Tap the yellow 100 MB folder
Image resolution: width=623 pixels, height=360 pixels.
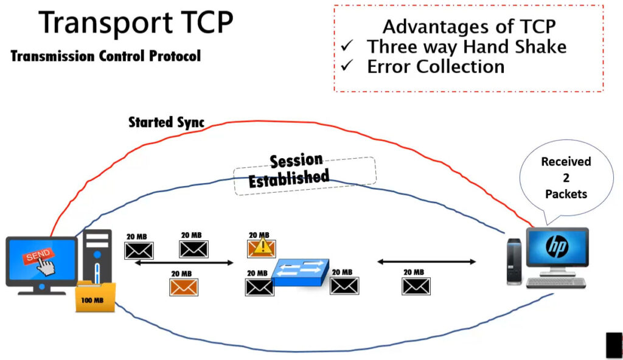[x=96, y=297]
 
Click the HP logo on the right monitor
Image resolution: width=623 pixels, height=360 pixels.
[x=557, y=246]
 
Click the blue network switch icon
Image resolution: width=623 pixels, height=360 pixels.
[x=302, y=272]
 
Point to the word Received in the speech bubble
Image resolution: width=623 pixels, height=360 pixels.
[x=566, y=162]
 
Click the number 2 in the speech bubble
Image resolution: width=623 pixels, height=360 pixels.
[x=566, y=178]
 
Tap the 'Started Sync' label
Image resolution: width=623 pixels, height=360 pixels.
[x=166, y=122]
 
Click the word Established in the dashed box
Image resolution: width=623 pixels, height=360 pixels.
[x=289, y=178]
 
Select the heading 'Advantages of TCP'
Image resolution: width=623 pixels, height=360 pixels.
[x=469, y=27]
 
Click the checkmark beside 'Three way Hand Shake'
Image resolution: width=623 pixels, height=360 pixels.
[x=347, y=45]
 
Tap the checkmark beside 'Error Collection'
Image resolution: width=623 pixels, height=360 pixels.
[x=347, y=65]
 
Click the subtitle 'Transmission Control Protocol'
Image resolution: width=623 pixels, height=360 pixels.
[x=106, y=56]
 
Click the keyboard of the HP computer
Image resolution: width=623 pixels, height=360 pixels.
[x=556, y=283]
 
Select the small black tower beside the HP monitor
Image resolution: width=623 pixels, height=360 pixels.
[x=514, y=261]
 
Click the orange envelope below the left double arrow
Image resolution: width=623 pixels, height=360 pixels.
[x=184, y=287]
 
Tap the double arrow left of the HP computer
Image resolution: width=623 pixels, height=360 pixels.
[x=426, y=261]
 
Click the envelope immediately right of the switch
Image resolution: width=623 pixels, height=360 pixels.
[x=344, y=286]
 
